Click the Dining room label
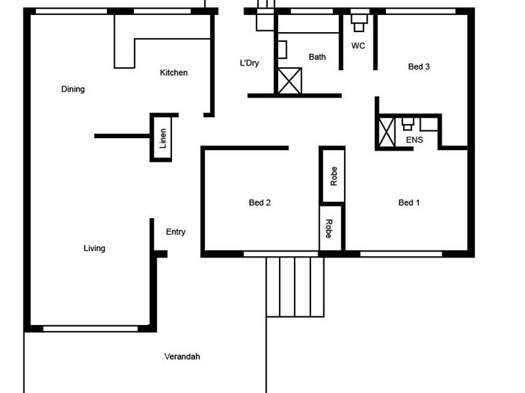[x=73, y=89]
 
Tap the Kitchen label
[x=174, y=73]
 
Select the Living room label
[x=94, y=248]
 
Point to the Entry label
[x=175, y=232]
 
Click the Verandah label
[x=182, y=357]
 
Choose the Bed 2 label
[x=260, y=202]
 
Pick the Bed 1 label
[x=409, y=202]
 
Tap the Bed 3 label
[x=419, y=66]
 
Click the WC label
[x=358, y=46]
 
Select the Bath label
[x=317, y=57]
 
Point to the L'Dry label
[x=249, y=63]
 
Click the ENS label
[x=414, y=140]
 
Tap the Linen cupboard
[x=162, y=138]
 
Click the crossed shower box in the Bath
[x=289, y=81]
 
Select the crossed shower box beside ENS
[x=387, y=132]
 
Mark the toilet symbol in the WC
[x=358, y=22]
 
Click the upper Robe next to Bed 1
[x=333, y=176]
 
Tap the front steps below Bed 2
[x=295, y=287]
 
